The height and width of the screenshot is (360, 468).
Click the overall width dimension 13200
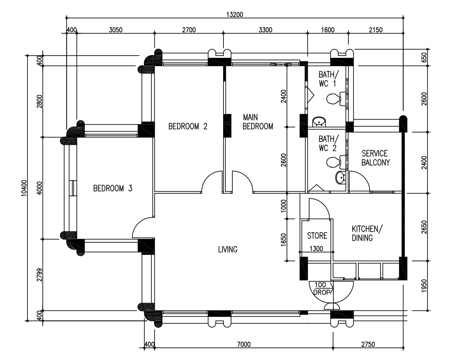pos(235,14)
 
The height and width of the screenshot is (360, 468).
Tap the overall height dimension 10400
pos(24,188)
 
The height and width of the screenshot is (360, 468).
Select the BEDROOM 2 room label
pos(188,126)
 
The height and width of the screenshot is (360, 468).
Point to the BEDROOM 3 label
pos(113,188)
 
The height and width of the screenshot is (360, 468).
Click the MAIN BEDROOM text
pos(258,122)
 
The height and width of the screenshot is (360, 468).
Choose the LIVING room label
pos(228,250)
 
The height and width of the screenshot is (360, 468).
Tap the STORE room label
pos(317,236)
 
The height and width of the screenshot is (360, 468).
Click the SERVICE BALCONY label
pos(376,158)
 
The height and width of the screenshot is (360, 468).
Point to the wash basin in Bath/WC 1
pos(319,122)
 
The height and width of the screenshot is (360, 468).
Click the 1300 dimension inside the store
pos(316,249)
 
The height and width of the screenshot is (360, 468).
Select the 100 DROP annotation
pos(322,288)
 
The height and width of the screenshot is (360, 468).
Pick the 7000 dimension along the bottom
pos(244,345)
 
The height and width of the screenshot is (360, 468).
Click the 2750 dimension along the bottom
pos(368,345)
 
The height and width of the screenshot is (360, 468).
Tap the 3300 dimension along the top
pos(265,30)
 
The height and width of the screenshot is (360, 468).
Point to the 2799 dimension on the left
pos(39,275)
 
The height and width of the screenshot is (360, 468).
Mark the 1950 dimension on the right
pos(424,286)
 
